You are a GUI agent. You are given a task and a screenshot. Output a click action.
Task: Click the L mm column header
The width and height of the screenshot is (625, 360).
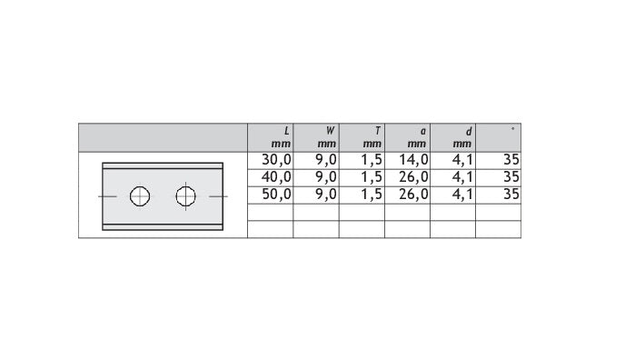click(x=281, y=137)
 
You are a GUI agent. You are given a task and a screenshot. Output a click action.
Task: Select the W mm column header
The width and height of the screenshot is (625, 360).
click(x=327, y=137)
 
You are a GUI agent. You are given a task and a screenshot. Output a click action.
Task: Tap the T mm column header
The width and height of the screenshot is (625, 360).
click(x=372, y=137)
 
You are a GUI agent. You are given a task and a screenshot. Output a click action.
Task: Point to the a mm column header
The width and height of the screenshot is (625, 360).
click(x=417, y=137)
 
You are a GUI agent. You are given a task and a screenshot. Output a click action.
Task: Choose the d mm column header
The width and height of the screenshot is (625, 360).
click(x=462, y=137)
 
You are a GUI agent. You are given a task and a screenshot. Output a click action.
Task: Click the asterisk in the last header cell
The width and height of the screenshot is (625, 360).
click(x=512, y=129)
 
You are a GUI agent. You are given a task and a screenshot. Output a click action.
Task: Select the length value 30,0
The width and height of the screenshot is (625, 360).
click(x=277, y=160)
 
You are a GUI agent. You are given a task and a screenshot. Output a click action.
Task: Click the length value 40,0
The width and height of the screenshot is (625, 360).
click(x=277, y=177)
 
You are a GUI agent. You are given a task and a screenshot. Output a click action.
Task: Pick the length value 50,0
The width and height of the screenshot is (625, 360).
click(x=277, y=195)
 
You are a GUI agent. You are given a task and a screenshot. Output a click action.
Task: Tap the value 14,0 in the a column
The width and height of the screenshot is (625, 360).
click(x=413, y=160)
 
